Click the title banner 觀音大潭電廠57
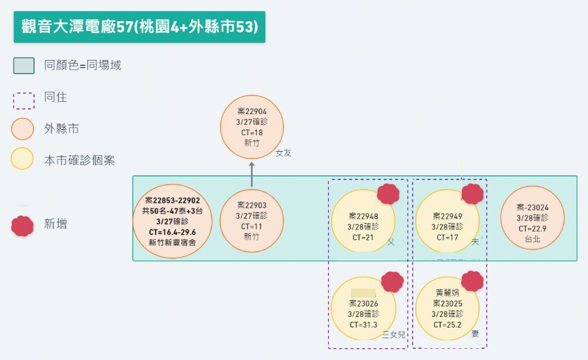(139, 27)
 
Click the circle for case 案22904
(252, 127)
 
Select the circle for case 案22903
(252, 221)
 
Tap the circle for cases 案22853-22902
(172, 221)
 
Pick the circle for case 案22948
(363, 221)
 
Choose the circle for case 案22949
(447, 221)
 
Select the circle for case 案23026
(363, 308)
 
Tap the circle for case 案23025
(447, 308)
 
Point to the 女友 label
(283, 153)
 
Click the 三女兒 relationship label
(393, 335)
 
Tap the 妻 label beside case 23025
(475, 334)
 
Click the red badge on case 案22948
(388, 194)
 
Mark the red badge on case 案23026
(392, 282)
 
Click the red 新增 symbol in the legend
(22, 225)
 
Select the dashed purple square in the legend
(23, 99)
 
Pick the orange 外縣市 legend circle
(22, 129)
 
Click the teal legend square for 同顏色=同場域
(24, 65)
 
